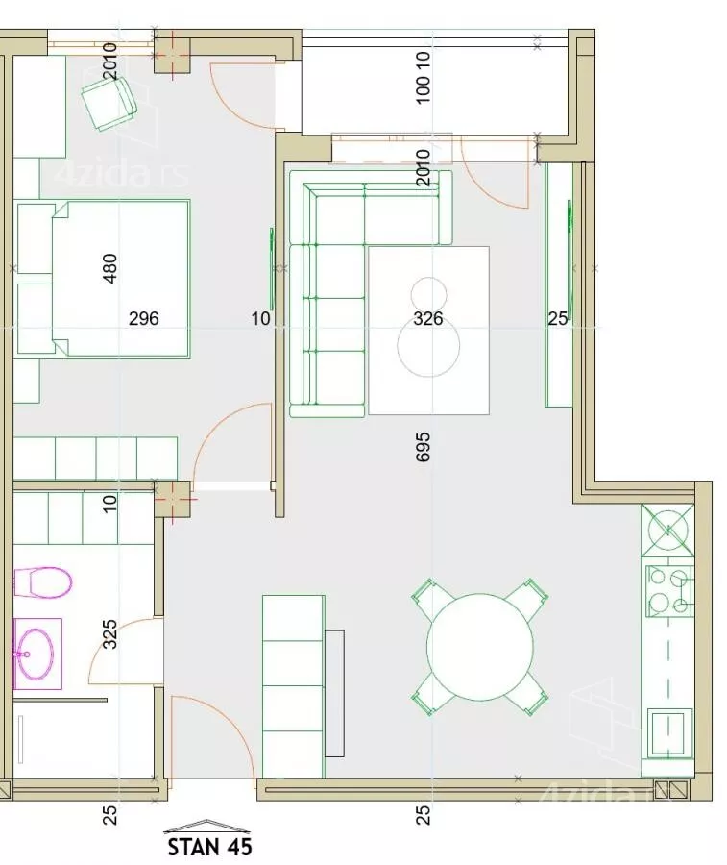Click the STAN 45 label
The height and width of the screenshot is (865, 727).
coord(209,846)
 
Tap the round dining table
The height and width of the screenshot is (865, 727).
coord(480,647)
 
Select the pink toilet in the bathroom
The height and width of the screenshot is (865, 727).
coord(42,582)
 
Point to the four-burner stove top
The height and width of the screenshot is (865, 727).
coord(669,591)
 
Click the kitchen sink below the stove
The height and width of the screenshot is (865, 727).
coord(668,733)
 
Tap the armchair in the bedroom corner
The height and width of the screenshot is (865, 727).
coord(109,103)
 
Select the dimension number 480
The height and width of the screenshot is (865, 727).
coord(110,268)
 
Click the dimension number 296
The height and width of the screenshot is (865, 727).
coord(143,318)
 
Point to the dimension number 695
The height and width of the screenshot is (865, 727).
coord(422,446)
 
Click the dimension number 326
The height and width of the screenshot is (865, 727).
coord(428,318)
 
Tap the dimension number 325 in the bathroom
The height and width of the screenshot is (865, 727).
coord(110,634)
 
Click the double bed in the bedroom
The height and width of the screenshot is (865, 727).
coord(104,279)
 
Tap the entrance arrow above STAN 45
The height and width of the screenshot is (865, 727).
coord(206,826)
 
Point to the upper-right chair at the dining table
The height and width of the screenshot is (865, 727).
coord(527,599)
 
